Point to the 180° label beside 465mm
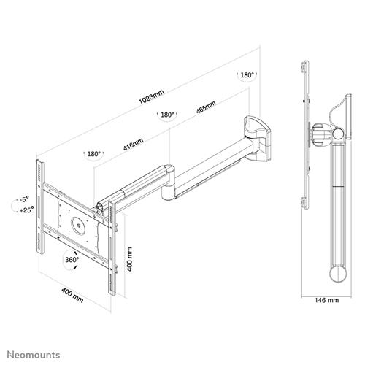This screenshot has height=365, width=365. tap(167, 115)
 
